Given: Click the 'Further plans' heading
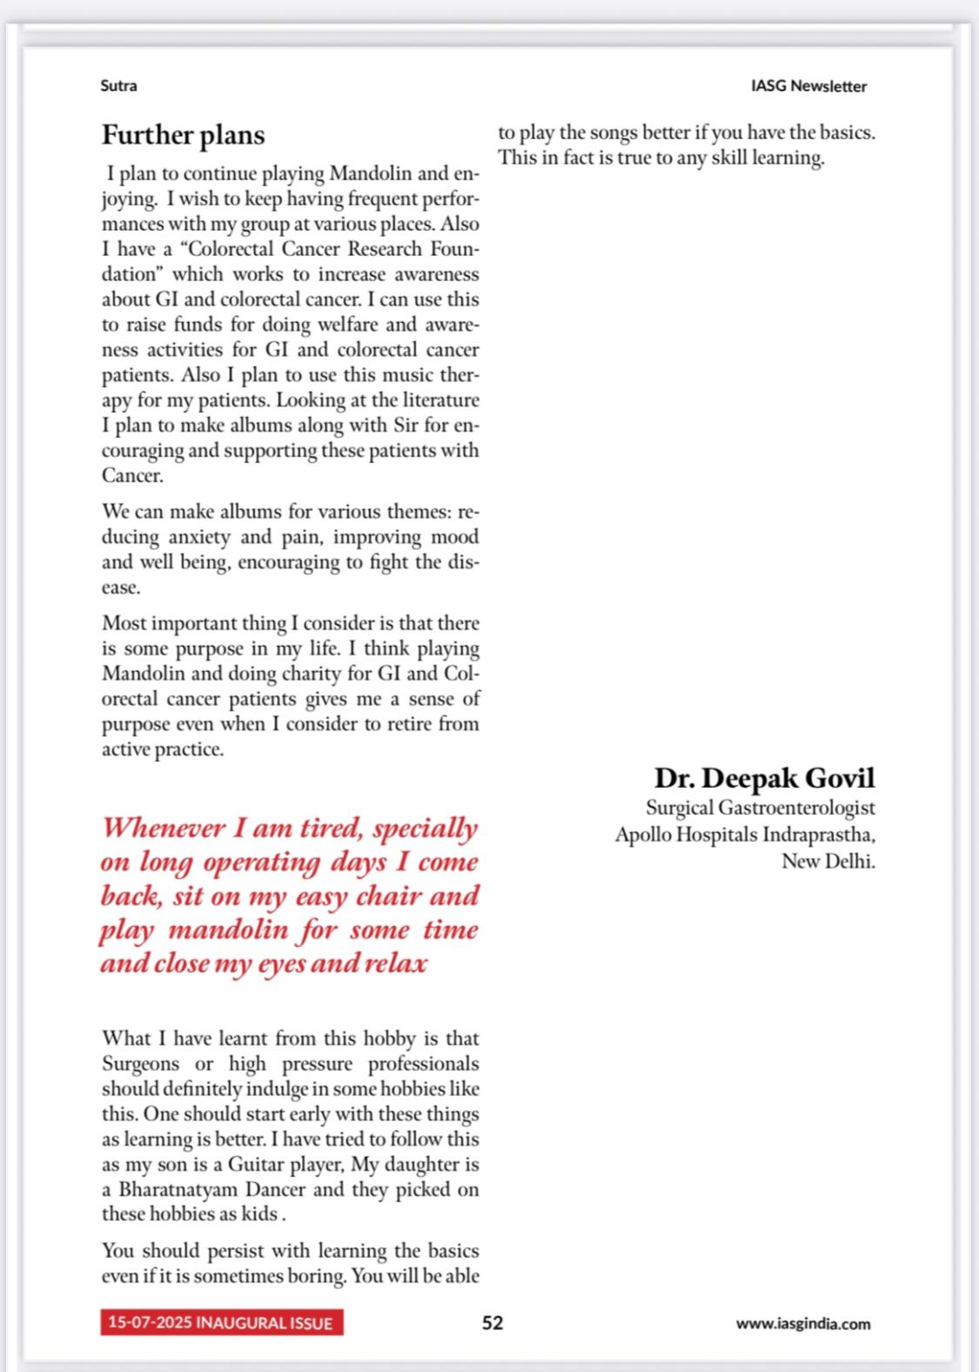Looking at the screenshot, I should click(183, 135).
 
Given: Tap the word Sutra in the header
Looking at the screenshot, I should click(119, 86).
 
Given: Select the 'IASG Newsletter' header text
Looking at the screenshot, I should click(808, 86).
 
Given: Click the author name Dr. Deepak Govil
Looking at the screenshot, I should click(764, 777).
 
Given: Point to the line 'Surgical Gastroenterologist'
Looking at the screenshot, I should click(760, 808).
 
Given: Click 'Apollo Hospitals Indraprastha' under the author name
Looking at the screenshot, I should click(744, 835).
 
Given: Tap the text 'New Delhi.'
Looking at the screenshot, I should click(828, 861).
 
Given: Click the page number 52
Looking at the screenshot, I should click(493, 1322).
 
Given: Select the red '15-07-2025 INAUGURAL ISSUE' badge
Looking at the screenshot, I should click(221, 1322).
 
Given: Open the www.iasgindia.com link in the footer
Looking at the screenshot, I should click(802, 1323).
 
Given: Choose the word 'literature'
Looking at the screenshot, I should click(439, 400).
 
